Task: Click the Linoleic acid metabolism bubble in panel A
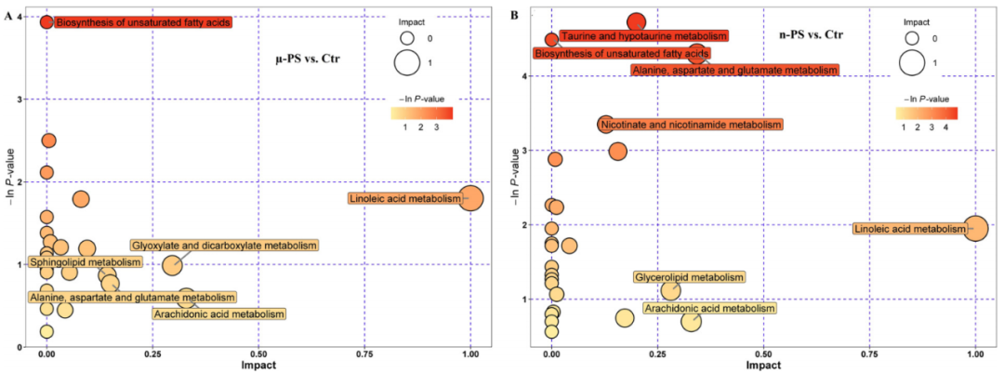click(470, 198)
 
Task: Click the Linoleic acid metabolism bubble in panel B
click(975, 229)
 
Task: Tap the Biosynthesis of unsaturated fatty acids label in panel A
click(142, 21)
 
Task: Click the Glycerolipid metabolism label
click(689, 277)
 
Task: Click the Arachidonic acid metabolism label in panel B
click(709, 309)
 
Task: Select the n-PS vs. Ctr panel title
click(811, 34)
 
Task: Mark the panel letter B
click(515, 11)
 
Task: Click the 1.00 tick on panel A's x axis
click(470, 355)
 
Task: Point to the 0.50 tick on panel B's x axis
click(763, 355)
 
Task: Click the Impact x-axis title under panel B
click(763, 366)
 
